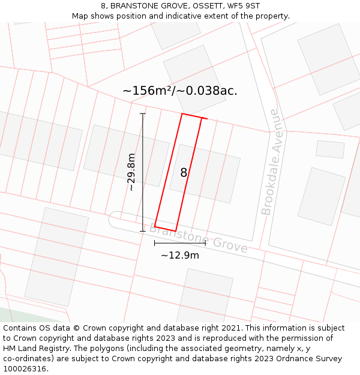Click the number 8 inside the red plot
click(x=184, y=173)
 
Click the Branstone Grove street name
click(x=198, y=238)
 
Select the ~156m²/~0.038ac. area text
click(x=180, y=91)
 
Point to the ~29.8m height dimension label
click(x=131, y=172)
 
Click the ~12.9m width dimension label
click(x=179, y=255)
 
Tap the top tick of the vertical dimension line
click(x=143, y=113)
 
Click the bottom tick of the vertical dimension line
click(x=143, y=231)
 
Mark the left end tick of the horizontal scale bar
click(x=155, y=243)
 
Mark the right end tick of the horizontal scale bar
click(x=205, y=243)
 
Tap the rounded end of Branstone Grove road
click(x=112, y=219)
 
